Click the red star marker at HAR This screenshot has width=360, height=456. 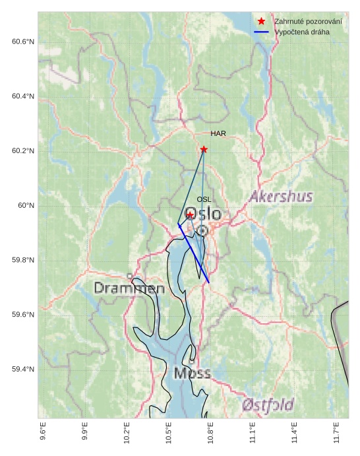click(204, 149)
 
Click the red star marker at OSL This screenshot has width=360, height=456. click(190, 215)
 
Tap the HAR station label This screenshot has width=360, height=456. click(218, 133)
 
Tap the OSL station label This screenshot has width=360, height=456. click(204, 199)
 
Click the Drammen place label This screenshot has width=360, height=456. click(129, 288)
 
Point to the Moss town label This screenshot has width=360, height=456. click(193, 374)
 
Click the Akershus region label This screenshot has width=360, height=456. click(281, 197)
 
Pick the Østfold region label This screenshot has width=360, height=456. click(268, 405)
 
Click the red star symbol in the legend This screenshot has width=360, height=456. click(262, 22)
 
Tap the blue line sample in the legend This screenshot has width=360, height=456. click(262, 32)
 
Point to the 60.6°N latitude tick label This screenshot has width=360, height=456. click(23, 42)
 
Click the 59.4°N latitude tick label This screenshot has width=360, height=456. click(23, 369)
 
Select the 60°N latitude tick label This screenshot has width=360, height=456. click(26, 206)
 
